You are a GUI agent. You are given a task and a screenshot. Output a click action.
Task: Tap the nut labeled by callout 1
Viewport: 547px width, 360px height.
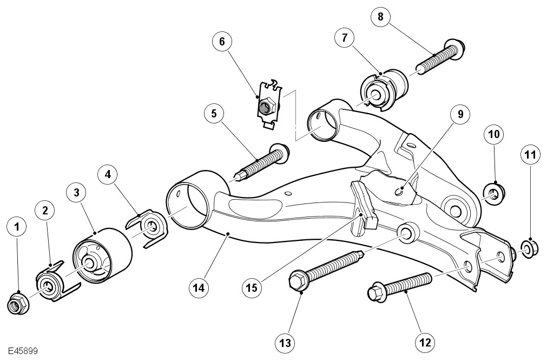(x=17, y=304)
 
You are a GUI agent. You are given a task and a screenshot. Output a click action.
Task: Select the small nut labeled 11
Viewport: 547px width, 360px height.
(x=526, y=248)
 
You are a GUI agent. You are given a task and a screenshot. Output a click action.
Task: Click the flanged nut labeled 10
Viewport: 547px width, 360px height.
(x=494, y=194)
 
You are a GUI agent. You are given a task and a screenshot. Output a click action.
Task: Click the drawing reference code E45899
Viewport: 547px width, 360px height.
(x=23, y=351)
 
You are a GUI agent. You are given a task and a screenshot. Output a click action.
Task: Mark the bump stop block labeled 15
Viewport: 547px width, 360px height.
(x=363, y=208)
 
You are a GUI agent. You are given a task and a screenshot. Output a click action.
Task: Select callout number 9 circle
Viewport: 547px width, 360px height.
(x=460, y=114)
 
